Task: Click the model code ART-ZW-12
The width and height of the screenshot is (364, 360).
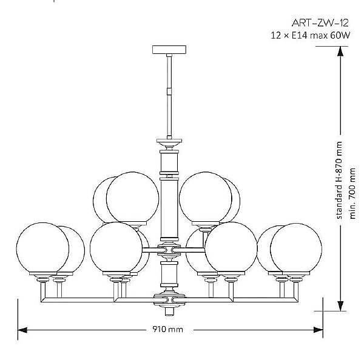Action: pos(320,23)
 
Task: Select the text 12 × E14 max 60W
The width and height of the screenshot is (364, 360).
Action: pos(311,36)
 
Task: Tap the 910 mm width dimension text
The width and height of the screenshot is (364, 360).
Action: pos(167,329)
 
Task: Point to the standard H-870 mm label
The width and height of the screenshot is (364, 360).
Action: pos(339,180)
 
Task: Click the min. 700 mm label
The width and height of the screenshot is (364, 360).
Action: pos(352,193)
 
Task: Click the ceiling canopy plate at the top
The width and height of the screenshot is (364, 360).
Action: pos(169,50)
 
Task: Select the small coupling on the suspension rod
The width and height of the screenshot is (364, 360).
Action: pos(169,92)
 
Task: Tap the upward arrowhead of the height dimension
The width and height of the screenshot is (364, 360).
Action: pos(340,52)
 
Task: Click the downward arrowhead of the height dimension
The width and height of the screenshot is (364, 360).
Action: pos(340,306)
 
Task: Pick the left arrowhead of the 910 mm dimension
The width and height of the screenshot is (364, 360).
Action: pos(22,330)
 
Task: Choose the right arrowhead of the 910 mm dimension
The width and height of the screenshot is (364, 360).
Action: pos(318,330)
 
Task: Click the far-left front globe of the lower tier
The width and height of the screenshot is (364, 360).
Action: pos(42,248)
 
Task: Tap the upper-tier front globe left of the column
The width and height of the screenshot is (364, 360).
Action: pos(132,198)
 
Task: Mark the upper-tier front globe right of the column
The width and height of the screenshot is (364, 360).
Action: pos(206,198)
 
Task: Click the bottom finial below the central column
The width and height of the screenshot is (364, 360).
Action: pos(169,311)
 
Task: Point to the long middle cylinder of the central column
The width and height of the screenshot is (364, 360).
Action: pos(169,208)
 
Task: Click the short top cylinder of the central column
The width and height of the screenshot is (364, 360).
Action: pos(169,162)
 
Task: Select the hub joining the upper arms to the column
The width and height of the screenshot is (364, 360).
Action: pos(169,250)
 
